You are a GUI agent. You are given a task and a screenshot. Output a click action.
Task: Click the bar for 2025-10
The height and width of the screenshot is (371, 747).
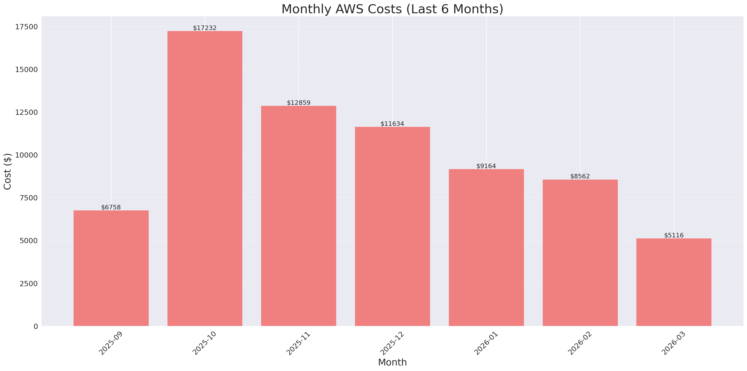coord(205,178)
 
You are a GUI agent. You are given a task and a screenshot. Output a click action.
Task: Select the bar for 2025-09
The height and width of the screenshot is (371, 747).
coord(111,268)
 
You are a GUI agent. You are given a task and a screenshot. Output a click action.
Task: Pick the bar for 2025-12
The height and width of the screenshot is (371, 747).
coord(392,226)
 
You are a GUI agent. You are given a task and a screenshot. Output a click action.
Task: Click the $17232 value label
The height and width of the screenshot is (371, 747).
coord(205,28)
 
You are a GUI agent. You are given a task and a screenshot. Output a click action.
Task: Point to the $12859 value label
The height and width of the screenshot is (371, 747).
coord(298,103)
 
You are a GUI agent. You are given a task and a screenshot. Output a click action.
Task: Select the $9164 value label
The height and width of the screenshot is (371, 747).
coord(486,166)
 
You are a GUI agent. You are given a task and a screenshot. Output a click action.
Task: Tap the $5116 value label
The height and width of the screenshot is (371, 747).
coord(674,235)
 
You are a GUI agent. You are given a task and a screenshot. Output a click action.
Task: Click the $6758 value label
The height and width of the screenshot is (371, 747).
coord(111,207)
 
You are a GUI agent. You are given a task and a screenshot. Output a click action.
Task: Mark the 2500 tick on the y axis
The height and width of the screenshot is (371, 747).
coord(29,283)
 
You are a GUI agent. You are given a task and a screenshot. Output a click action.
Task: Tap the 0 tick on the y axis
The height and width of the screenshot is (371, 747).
coord(36,327)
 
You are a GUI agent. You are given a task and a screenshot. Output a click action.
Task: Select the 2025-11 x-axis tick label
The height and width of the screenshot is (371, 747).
coord(298,343)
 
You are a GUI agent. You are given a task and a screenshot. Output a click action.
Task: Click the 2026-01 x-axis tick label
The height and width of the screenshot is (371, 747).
coord(486,343)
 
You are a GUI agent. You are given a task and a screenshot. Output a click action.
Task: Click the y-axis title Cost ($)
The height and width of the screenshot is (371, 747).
coord(8,171)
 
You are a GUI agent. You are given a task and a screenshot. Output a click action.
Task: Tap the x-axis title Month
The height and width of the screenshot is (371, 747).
coord(392,362)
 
